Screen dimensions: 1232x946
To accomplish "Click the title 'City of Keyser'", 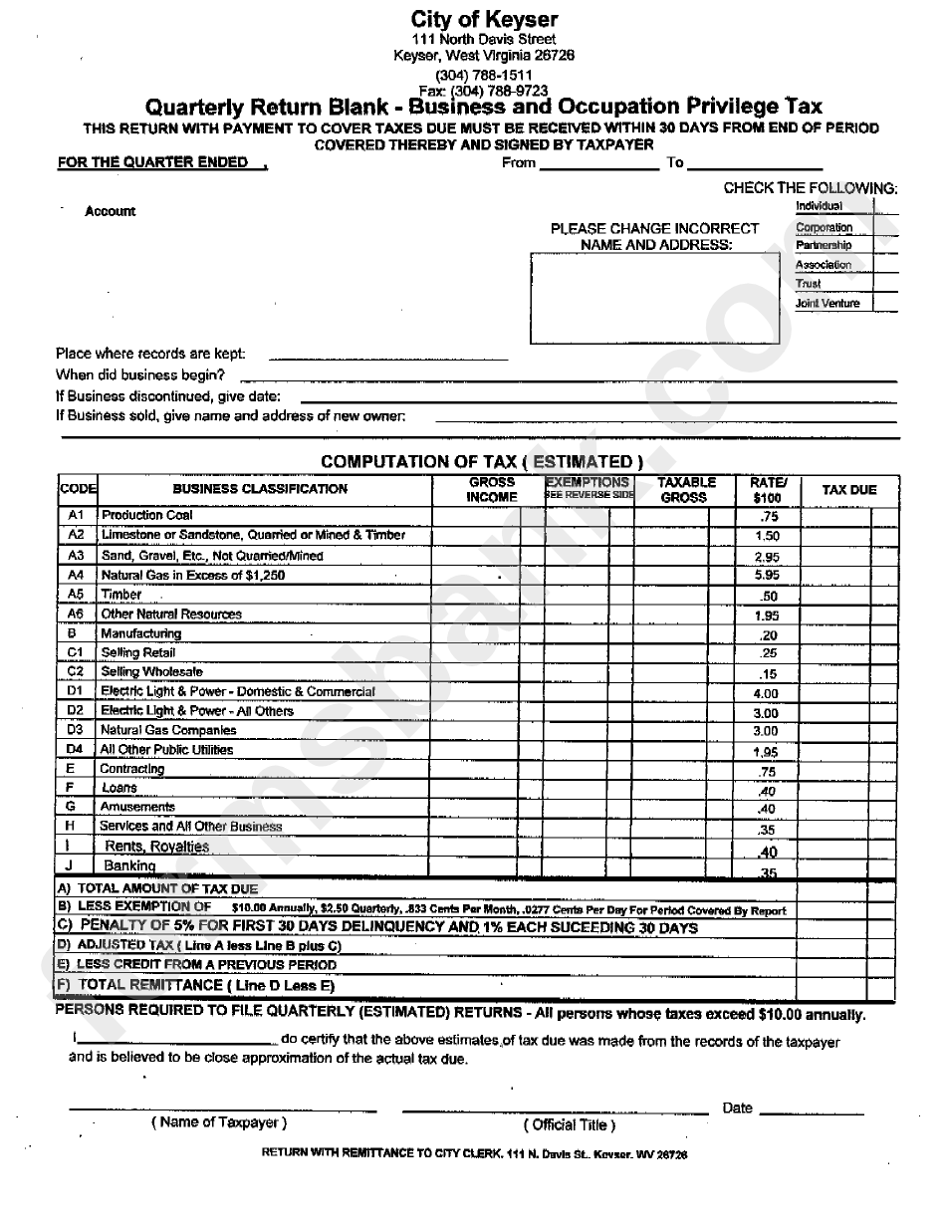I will coord(484,19).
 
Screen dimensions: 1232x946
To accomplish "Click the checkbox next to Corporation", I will coord(885,226).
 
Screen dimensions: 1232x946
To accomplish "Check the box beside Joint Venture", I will coord(885,303).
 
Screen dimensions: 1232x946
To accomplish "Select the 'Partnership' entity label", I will coord(824,245).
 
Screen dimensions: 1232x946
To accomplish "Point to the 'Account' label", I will coord(110,211).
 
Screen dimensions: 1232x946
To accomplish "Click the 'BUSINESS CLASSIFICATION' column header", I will coord(260,489).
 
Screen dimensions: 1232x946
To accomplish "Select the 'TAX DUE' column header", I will coord(848,490).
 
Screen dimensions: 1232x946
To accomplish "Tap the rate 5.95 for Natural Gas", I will coord(767,576).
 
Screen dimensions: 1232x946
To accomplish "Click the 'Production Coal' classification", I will coord(147,515).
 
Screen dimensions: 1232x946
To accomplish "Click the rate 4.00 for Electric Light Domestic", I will coord(766,692).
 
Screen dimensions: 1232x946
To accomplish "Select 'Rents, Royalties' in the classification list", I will coord(156,847).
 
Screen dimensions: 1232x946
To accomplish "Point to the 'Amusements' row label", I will coord(137,807).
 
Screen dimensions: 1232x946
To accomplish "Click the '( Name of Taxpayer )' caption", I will coord(219,1122).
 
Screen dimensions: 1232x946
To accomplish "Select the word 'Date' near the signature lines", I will coord(737,1108).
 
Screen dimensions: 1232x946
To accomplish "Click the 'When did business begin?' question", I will coord(139,375).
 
